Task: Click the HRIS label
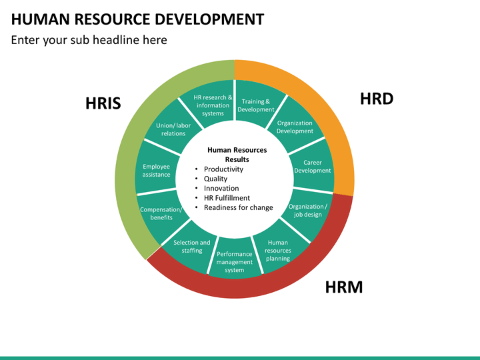[103, 103]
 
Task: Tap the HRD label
[377, 99]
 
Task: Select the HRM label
[344, 287]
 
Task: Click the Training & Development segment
[255, 104]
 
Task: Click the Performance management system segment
[235, 260]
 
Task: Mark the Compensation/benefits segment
[161, 214]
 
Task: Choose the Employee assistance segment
[157, 171]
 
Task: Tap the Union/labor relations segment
[173, 129]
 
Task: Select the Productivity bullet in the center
[223, 169]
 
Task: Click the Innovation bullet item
[221, 188]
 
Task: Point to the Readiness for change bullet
[239, 207]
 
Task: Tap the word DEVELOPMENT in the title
[209, 19]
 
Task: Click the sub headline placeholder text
[89, 40]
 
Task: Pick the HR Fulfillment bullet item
[227, 198]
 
